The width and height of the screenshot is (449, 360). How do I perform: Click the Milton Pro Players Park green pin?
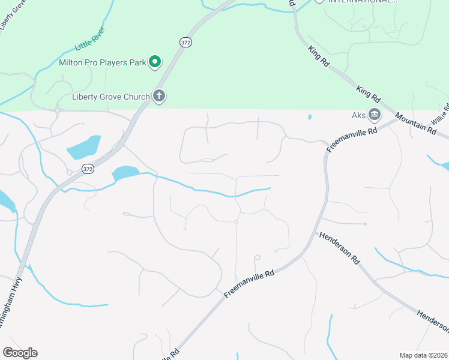click(x=155, y=61)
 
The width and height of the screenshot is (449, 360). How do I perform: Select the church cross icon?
click(x=159, y=95)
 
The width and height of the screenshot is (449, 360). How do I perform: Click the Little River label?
click(x=90, y=38)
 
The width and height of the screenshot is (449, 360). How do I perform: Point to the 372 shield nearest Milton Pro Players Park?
click(x=185, y=41)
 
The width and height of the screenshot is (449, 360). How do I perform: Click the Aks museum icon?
click(x=375, y=114)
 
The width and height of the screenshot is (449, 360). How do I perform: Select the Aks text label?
click(x=358, y=115)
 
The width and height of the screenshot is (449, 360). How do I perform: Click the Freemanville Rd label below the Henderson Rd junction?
click(x=249, y=283)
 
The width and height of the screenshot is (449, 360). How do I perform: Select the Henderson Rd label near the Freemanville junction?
click(x=339, y=248)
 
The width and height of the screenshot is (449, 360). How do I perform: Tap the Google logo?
click(x=20, y=353)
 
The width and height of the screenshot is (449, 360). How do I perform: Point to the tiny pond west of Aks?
click(x=310, y=117)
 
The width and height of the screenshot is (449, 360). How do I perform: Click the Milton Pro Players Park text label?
click(x=103, y=62)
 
